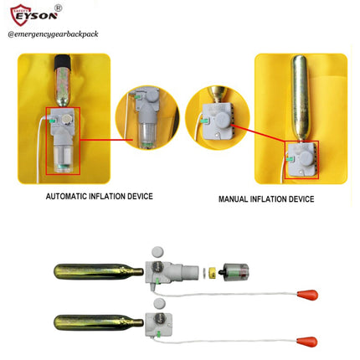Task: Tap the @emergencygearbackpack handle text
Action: [53, 34]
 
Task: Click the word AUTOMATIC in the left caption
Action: [66, 196]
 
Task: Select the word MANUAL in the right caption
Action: [233, 199]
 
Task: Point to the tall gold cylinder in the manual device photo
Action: [301, 98]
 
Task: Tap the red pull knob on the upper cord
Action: [307, 295]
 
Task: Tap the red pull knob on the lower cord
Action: [306, 342]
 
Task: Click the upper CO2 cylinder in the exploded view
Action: [99, 271]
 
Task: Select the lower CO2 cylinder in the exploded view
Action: [99, 322]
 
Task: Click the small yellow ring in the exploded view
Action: [213, 273]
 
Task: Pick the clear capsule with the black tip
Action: [234, 271]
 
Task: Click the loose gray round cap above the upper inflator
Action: [158, 252]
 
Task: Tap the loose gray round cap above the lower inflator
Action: [159, 303]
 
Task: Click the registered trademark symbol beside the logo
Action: [58, 8]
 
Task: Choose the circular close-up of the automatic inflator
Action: [147, 117]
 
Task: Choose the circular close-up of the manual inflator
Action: [218, 117]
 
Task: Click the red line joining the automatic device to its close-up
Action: [106, 140]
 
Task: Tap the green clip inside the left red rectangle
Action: [52, 121]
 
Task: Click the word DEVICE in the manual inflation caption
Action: [301, 199]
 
